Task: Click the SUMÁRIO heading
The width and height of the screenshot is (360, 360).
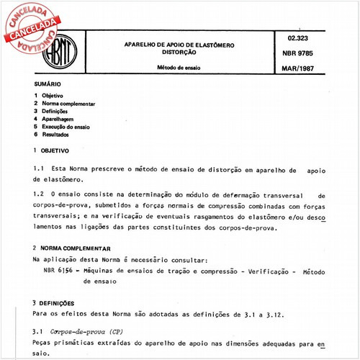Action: [47, 84]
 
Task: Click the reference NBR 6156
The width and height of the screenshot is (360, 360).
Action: [59, 271]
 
